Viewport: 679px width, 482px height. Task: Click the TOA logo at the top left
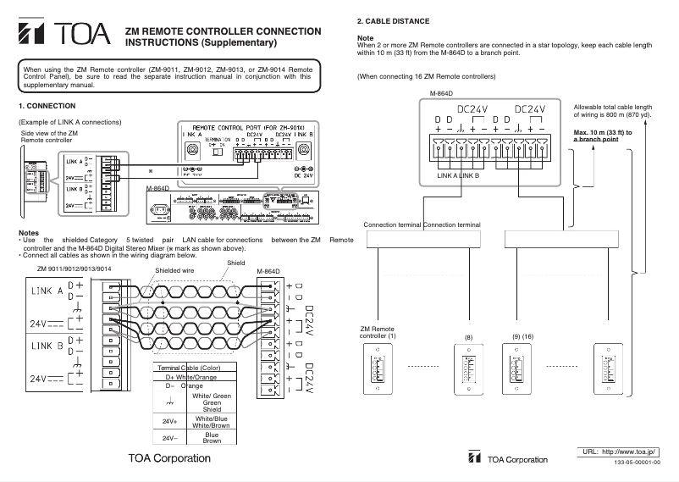tap(64, 35)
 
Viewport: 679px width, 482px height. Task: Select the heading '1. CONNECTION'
tap(47, 106)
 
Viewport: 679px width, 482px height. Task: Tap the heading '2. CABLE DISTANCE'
tap(393, 20)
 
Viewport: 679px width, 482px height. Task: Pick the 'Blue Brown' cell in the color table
tap(212, 438)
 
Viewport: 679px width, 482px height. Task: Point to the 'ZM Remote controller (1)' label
tap(378, 332)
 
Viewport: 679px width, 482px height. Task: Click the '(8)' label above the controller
tap(468, 337)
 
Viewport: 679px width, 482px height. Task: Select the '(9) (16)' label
tap(522, 337)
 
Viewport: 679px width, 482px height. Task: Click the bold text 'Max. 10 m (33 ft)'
tap(603, 133)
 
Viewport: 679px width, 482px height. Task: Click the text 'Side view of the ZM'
tap(49, 133)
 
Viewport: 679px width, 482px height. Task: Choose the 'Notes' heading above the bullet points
tap(28, 232)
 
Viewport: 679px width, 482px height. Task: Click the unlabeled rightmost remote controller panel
tap(608, 369)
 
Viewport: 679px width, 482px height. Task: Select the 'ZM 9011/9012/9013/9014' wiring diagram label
tap(75, 269)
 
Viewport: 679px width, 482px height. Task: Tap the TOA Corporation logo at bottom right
tap(508, 459)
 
